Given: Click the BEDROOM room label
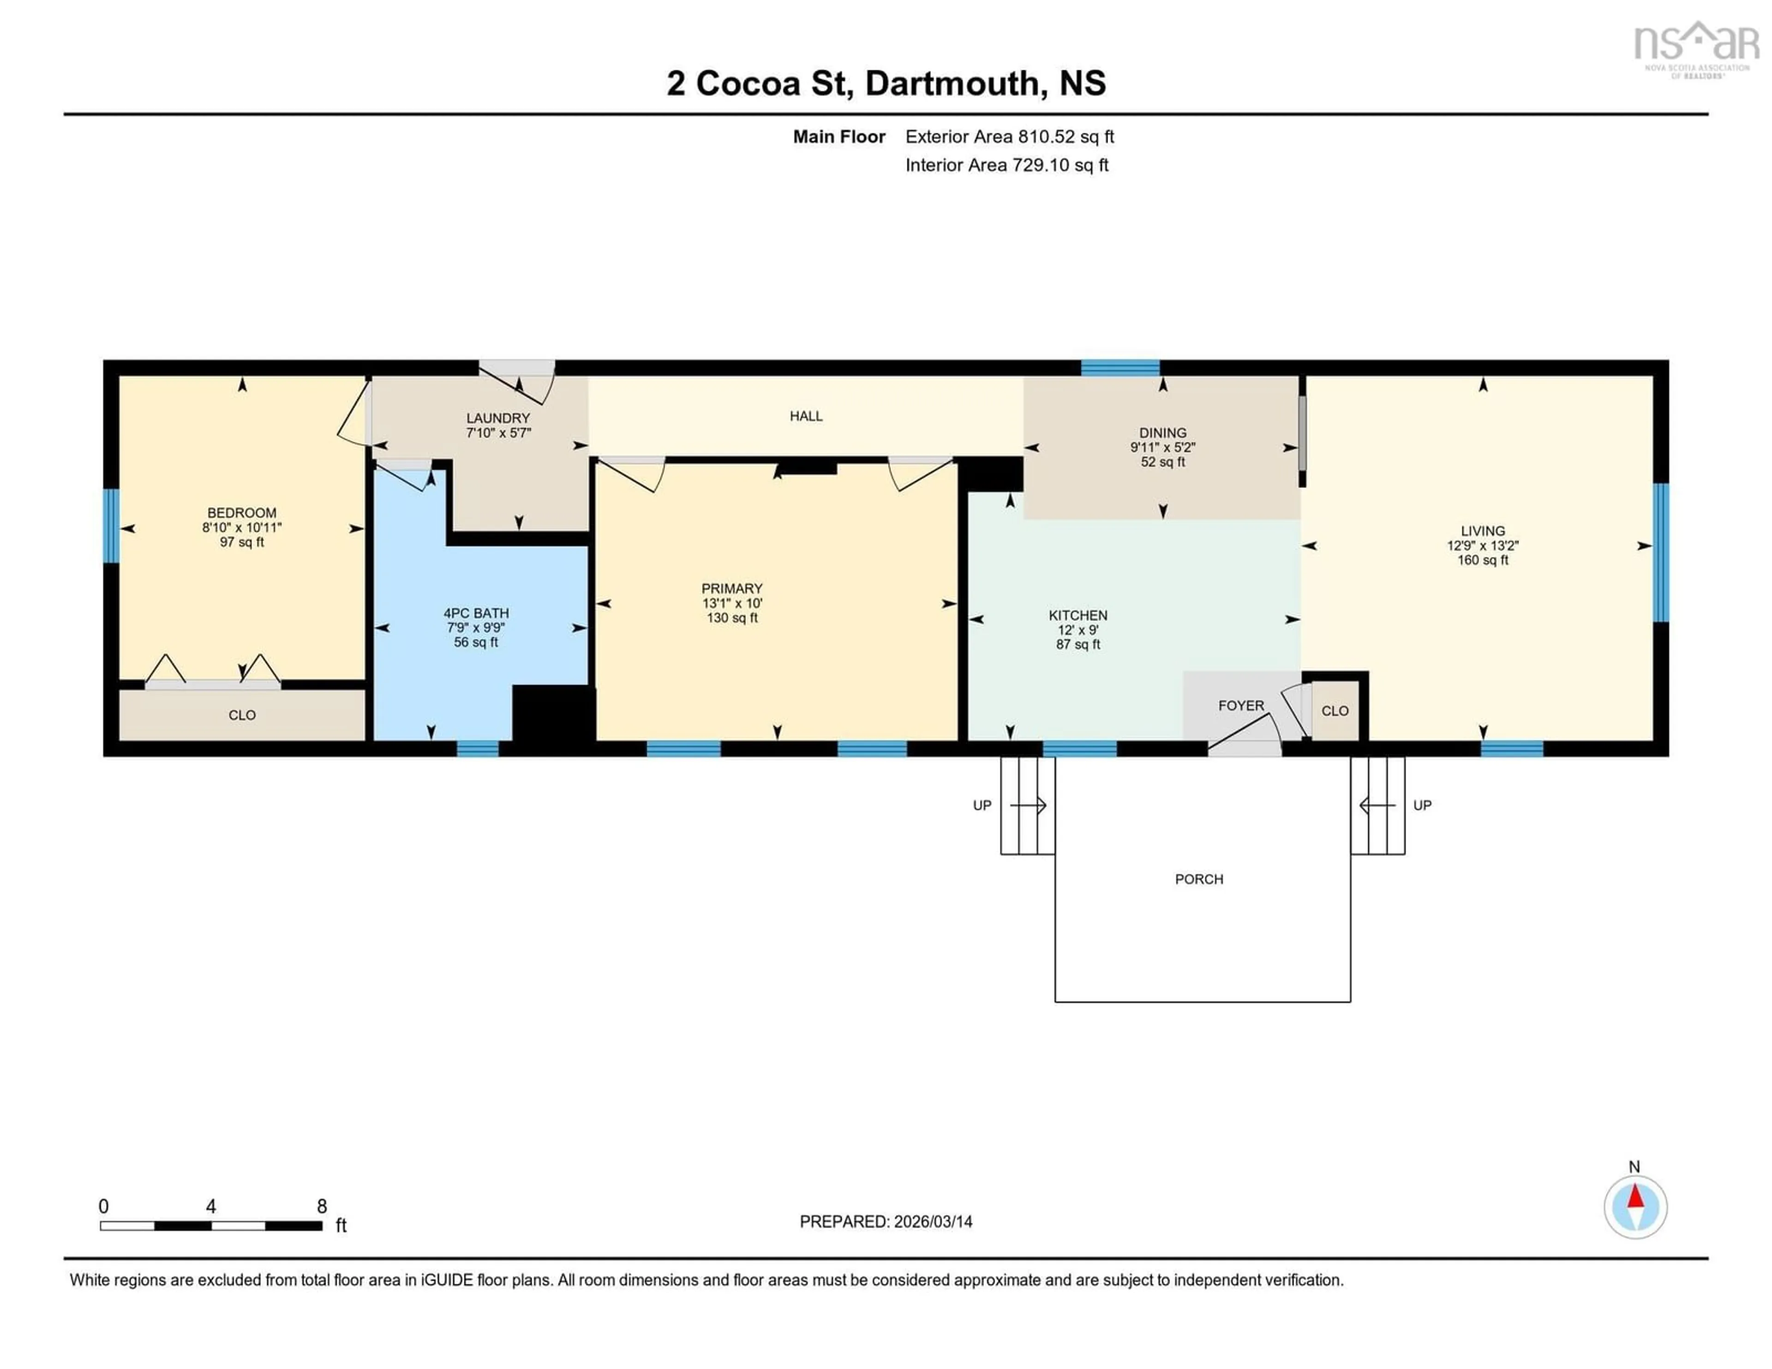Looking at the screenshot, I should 242,513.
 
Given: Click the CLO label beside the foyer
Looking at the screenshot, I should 1335,711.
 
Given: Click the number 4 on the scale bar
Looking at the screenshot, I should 211,1207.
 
